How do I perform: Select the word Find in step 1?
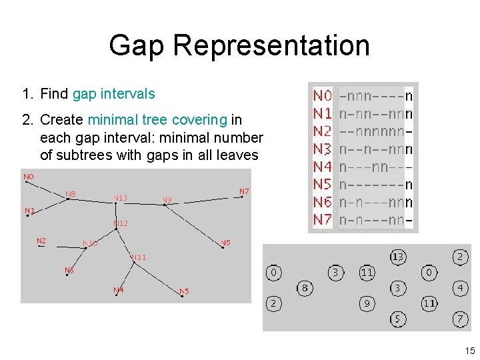tap(54, 94)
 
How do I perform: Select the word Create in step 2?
tap(62, 120)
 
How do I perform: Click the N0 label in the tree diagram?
tap(29, 177)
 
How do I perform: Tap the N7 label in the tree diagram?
tap(244, 191)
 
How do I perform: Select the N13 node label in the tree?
tap(121, 197)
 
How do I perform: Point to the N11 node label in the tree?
tap(139, 257)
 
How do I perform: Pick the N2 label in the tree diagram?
tap(41, 240)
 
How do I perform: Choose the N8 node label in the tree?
tap(71, 194)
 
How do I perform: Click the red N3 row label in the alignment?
tap(323, 149)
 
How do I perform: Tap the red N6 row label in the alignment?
tap(323, 202)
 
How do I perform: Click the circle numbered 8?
tap(305, 288)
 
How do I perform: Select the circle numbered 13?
tap(398, 257)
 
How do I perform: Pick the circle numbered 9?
tap(367, 303)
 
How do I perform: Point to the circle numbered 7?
tap(460, 319)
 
